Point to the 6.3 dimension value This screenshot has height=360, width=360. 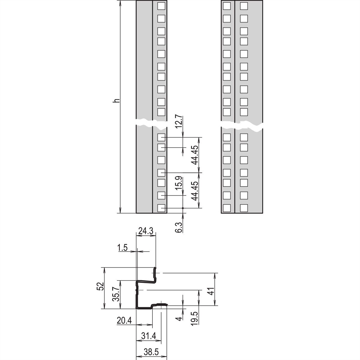click(x=179, y=227)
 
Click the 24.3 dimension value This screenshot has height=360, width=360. click(x=146, y=231)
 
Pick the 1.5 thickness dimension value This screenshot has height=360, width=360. click(x=122, y=248)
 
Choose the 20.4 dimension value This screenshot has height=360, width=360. click(x=124, y=321)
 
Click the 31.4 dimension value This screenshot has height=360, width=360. click(x=148, y=336)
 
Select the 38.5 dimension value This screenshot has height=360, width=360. click(x=151, y=352)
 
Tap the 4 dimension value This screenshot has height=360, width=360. click(x=179, y=318)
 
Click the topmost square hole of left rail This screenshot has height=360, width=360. click(x=161, y=6)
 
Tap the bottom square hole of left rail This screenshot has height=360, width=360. click(x=161, y=208)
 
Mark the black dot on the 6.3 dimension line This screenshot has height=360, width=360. click(x=183, y=208)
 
